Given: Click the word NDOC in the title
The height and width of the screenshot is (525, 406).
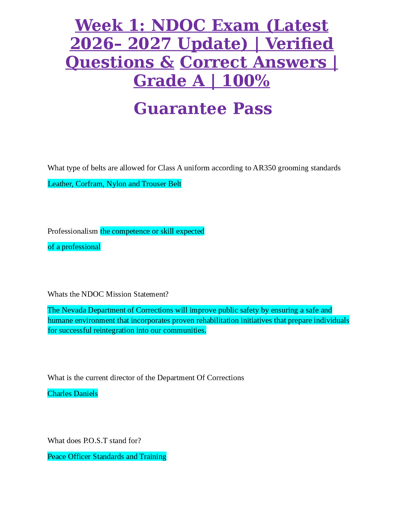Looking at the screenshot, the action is click(178, 26).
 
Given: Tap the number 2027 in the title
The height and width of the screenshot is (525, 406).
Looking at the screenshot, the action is click(150, 44).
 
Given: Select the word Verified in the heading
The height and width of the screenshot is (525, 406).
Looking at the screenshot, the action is click(300, 44).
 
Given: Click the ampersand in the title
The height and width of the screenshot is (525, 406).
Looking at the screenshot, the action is click(167, 62).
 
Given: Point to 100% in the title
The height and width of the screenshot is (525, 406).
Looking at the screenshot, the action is click(246, 81).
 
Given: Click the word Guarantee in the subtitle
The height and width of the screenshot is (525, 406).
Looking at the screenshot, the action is click(180, 109).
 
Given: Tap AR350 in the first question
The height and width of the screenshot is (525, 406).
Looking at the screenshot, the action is click(264, 168).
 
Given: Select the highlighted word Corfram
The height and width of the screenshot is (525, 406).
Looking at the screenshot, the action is click(90, 184).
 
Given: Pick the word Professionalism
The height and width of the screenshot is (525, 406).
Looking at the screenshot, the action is click(73, 231).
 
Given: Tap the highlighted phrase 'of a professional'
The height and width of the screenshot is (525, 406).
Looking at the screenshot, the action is click(74, 247).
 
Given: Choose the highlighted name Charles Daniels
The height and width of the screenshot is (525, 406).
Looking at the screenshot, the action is click(73, 393).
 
